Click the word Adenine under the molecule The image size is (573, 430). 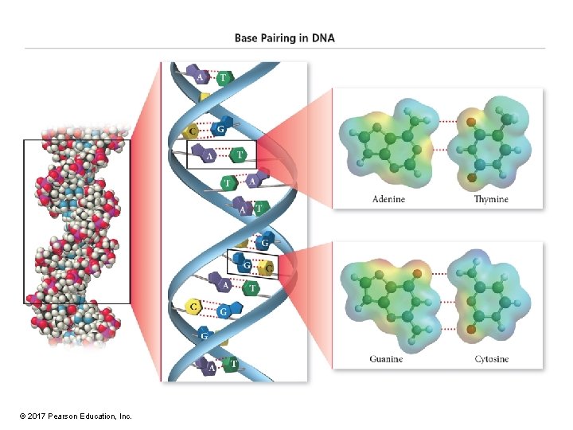click(388, 199)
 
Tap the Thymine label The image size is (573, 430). click(491, 199)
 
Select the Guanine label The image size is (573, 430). click(386, 359)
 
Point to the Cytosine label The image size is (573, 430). click(491, 359)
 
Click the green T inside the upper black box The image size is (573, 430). click(240, 153)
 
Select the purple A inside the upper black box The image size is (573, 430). click(209, 156)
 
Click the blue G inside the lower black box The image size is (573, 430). click(247, 264)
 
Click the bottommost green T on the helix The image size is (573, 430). click(232, 365)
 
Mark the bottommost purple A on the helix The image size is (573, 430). click(210, 367)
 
